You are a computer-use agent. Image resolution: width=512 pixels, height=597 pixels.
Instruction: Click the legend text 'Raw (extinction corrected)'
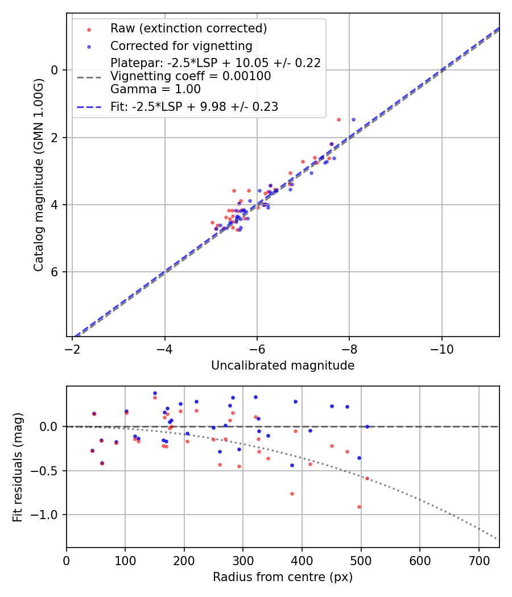pyautogui.click(x=188, y=28)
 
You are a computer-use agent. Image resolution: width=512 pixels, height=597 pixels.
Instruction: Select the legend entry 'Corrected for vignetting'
pyautogui.click(x=181, y=45)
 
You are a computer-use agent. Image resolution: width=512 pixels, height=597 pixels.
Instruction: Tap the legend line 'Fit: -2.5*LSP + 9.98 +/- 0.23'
pyautogui.click(x=194, y=106)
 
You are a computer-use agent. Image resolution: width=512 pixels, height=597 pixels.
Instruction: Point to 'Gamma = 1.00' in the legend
pyautogui.click(x=155, y=89)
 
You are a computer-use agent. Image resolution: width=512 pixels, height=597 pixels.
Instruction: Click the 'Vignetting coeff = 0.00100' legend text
pyautogui.click(x=191, y=76)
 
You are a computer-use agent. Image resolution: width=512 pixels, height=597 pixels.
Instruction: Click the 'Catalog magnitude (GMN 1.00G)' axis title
pyautogui.click(x=39, y=175)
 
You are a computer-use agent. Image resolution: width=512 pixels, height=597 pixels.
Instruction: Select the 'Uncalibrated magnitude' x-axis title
pyautogui.click(x=283, y=366)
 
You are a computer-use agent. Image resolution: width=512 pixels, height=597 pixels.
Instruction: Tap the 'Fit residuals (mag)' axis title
pyautogui.click(x=18, y=467)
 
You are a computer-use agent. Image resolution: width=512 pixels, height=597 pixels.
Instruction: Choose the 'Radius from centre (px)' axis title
pyautogui.click(x=283, y=577)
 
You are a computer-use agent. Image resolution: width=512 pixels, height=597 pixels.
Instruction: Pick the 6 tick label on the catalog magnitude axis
pyautogui.click(x=55, y=272)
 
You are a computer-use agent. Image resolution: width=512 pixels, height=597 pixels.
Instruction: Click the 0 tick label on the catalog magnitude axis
pyautogui.click(x=55, y=70)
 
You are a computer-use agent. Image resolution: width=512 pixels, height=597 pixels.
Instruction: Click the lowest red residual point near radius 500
pyautogui.click(x=359, y=507)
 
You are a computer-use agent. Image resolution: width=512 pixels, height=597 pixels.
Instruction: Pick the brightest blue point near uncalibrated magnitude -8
pyautogui.click(x=353, y=119)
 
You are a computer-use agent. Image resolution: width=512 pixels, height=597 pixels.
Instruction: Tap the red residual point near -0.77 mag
pyautogui.click(x=292, y=494)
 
